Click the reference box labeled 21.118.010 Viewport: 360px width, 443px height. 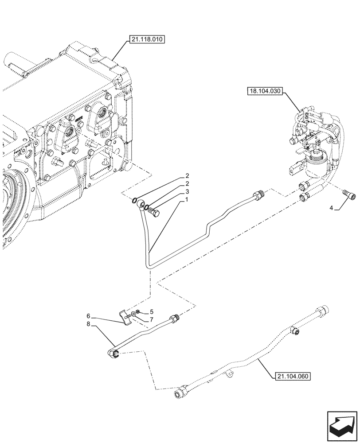[147, 40]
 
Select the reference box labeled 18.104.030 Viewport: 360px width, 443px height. [265, 91]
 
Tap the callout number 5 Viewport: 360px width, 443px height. [151, 312]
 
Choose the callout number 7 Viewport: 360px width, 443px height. [151, 319]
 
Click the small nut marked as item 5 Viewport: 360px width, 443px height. [139, 313]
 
